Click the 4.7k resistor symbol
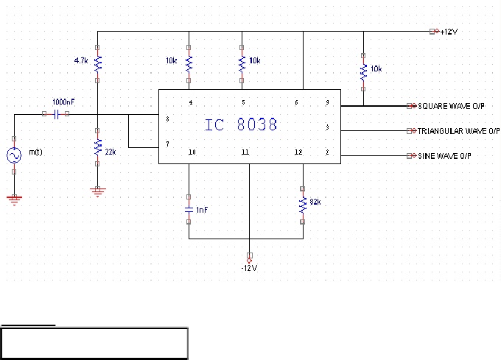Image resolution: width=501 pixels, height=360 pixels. (x=97, y=64)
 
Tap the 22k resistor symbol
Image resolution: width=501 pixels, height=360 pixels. (x=97, y=147)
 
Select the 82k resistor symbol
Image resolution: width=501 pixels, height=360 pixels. (x=303, y=205)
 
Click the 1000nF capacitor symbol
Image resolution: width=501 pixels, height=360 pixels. (x=57, y=114)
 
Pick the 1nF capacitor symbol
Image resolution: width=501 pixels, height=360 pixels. (x=189, y=210)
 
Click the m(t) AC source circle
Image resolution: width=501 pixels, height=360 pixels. (x=14, y=155)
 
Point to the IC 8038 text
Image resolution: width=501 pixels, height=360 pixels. (x=241, y=124)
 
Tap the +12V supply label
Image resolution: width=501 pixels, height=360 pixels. (x=449, y=32)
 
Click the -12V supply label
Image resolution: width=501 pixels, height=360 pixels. (x=249, y=268)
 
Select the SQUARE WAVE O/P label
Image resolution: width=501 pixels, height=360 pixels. (x=451, y=106)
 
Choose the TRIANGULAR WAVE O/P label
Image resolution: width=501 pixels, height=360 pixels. (x=458, y=131)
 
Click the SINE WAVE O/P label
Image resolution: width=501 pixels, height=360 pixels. (x=444, y=156)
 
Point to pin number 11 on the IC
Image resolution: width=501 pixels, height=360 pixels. (x=245, y=152)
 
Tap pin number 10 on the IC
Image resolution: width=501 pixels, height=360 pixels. (x=192, y=152)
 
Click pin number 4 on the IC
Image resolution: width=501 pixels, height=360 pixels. (x=191, y=102)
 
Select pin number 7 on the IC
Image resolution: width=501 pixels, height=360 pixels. (x=167, y=144)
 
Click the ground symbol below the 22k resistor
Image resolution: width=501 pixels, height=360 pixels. (x=98, y=192)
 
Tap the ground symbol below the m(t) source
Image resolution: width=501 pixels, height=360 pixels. (x=14, y=200)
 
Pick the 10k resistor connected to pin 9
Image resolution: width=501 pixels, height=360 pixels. (x=363, y=72)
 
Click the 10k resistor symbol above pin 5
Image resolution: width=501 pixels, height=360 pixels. (x=242, y=64)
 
